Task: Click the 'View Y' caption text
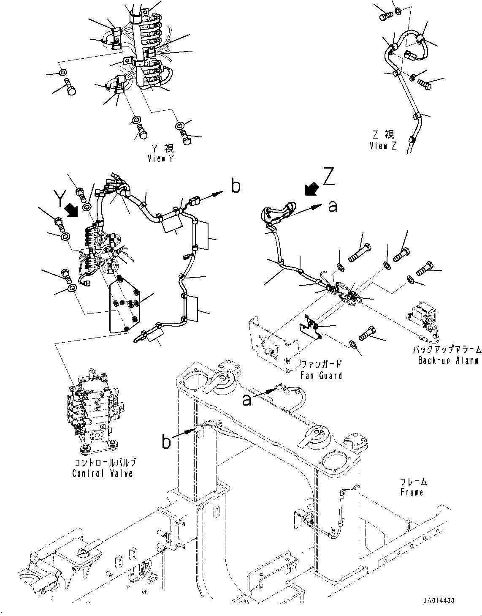[161, 159]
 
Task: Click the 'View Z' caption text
[383, 146]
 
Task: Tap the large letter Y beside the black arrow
[62, 198]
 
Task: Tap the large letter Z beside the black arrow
[329, 178]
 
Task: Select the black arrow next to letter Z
[311, 190]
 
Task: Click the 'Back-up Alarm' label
[448, 360]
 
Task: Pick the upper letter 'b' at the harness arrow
[236, 186]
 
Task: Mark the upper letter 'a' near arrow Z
[333, 206]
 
